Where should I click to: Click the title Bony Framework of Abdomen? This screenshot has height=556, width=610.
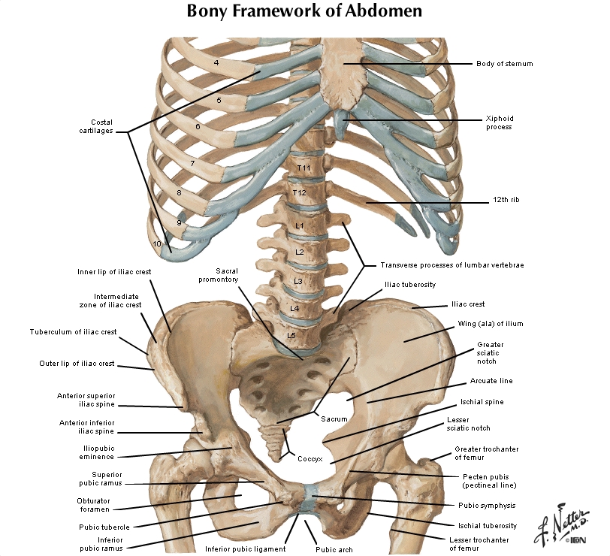[304, 11]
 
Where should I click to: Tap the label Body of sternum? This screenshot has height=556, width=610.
[504, 64]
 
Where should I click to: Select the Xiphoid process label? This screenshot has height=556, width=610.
[498, 123]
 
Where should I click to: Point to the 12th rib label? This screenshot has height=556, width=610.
[506, 201]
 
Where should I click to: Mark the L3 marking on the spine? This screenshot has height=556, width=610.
[298, 281]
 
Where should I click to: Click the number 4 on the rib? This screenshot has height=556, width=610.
[216, 63]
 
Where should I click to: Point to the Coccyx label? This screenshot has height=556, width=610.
[310, 458]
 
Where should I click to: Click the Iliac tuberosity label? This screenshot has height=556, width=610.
[409, 285]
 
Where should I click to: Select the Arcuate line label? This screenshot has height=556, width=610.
[491, 381]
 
